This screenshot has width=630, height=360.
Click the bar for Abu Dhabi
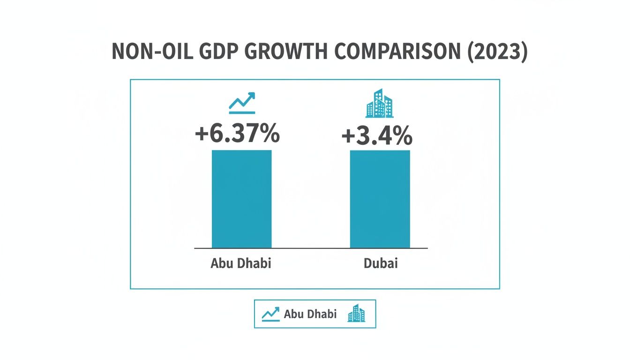pyautogui.click(x=241, y=199)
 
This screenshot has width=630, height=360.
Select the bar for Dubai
pyautogui.click(x=380, y=199)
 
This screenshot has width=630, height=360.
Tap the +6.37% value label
pyautogui.click(x=237, y=134)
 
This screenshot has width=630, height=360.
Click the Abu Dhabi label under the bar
pyautogui.click(x=241, y=263)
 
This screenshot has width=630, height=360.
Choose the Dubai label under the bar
pyautogui.click(x=380, y=263)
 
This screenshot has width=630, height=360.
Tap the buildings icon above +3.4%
pyautogui.click(x=379, y=103)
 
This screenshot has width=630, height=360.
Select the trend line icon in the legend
pyautogui.click(x=270, y=314)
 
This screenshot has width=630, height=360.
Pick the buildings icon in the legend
pyautogui.click(x=356, y=314)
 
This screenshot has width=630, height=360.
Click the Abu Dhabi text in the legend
pyautogui.click(x=310, y=314)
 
